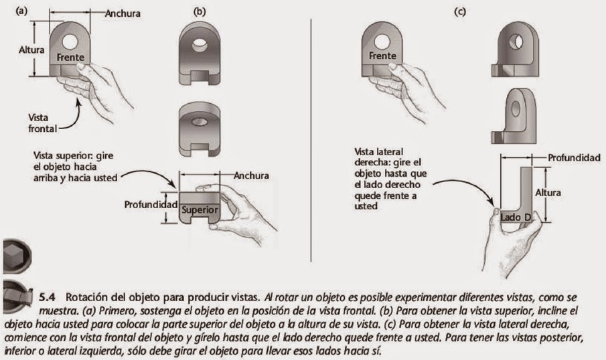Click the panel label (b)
click(199, 11)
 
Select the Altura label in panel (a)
click(32, 50)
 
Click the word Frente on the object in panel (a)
click(71, 57)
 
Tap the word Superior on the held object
click(200, 209)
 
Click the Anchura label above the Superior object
click(252, 176)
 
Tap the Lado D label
click(516, 218)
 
